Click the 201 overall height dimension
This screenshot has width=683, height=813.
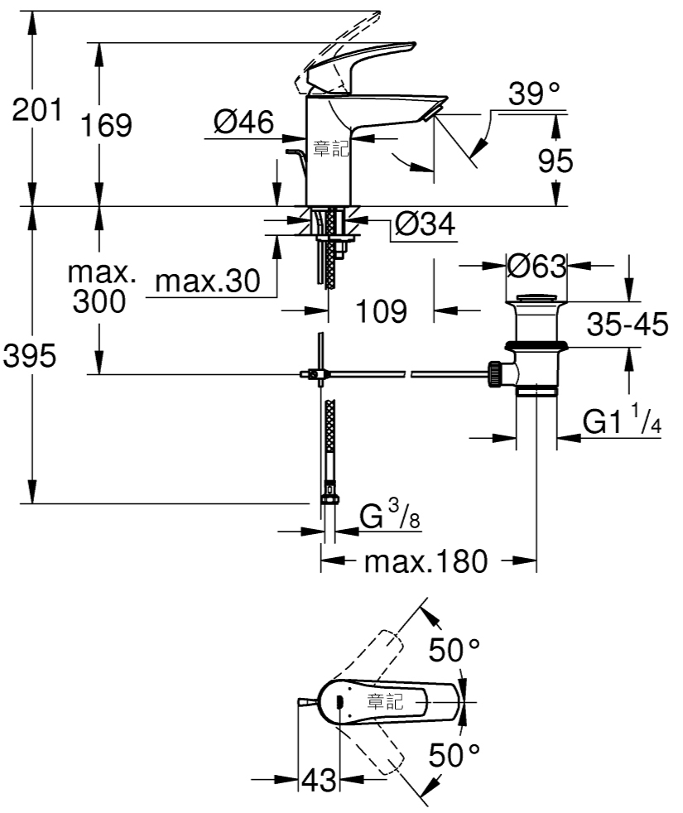tap(36, 109)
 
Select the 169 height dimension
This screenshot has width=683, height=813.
tap(106, 125)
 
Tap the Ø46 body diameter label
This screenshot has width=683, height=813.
tap(243, 123)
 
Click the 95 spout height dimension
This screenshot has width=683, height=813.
tap(556, 161)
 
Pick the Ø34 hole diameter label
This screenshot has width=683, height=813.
tap(425, 224)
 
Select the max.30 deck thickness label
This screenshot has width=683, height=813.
tap(208, 281)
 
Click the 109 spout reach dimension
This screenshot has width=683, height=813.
tap(381, 311)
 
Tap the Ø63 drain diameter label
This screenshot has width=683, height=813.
tap(536, 266)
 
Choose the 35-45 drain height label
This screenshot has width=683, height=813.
tap(628, 324)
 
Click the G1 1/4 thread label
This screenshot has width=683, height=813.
tap(622, 420)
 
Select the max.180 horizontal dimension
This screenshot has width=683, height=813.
tap(426, 561)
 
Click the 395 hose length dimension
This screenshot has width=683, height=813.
tap(30, 356)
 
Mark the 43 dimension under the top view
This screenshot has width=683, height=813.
tap(319, 780)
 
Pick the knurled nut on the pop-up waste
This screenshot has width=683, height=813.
tap(493, 374)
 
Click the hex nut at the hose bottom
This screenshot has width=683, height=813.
tap(329, 498)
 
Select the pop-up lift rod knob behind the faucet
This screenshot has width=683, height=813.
tap(294, 152)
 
